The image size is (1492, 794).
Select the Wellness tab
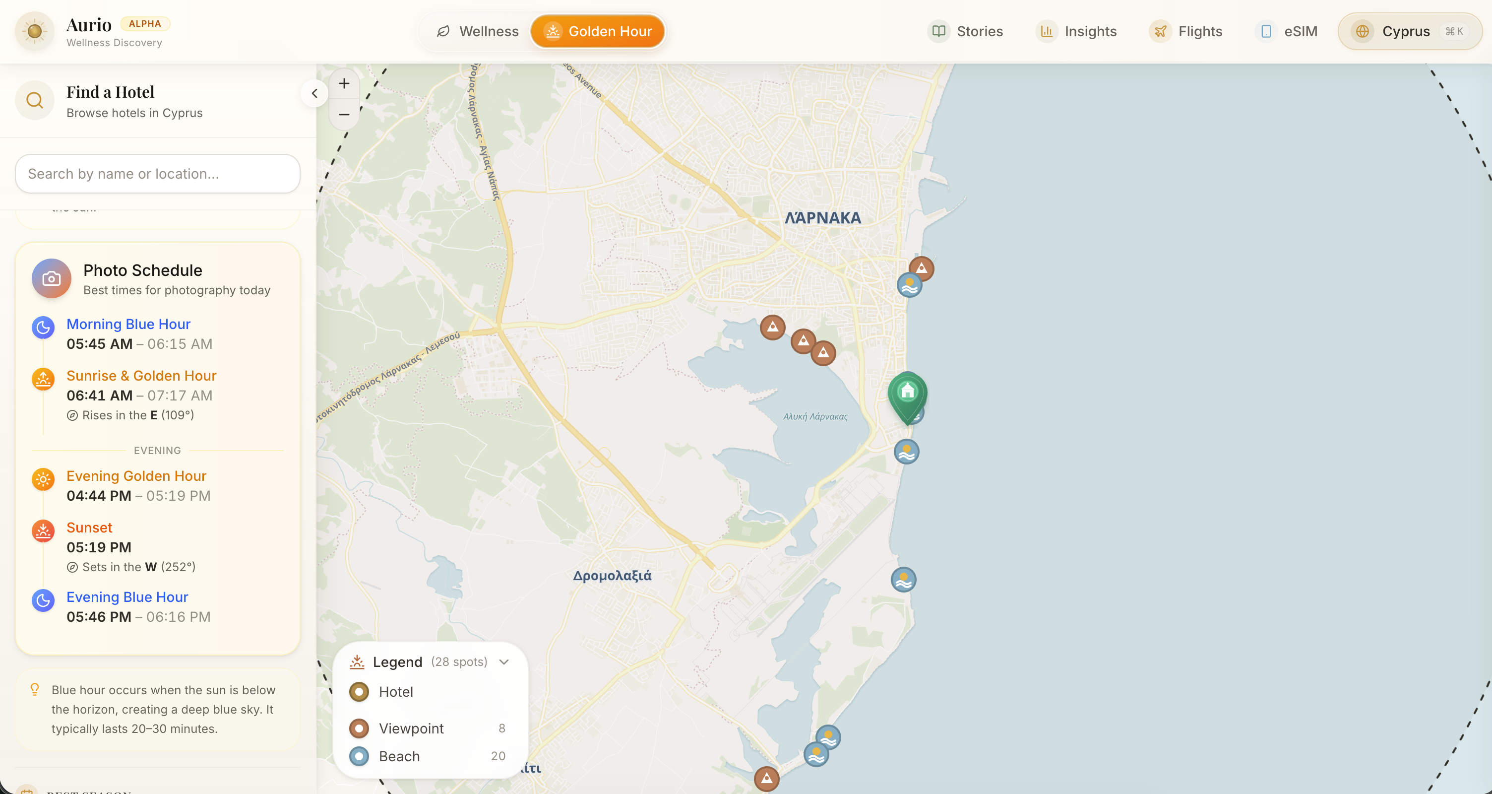[x=477, y=31]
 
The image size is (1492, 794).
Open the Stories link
[x=966, y=31]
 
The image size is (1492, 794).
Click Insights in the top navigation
[x=1076, y=31]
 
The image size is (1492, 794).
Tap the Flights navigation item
[x=1185, y=31]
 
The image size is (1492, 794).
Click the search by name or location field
[x=158, y=174]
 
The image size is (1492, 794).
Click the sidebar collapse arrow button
[x=314, y=93]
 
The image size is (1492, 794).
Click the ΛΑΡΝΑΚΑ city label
[x=822, y=218]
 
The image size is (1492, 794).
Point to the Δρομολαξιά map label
[x=612, y=576]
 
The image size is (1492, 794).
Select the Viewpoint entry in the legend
[x=411, y=728]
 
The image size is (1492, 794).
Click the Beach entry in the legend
[x=399, y=756]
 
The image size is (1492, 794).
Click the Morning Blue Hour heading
[x=128, y=324]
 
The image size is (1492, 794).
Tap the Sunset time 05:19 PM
[x=99, y=547]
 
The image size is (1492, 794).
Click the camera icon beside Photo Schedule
[x=52, y=279]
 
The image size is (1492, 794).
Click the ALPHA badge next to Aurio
[x=145, y=24]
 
